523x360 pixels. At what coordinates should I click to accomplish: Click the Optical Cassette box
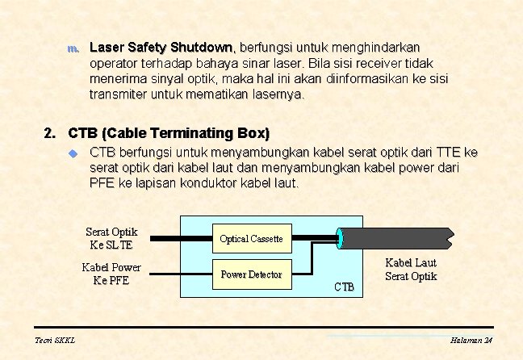[x=251, y=238]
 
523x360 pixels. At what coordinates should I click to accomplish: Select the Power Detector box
[x=251, y=274]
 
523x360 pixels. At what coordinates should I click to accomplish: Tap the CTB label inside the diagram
[x=344, y=287]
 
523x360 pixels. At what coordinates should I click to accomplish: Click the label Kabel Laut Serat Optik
[x=411, y=270]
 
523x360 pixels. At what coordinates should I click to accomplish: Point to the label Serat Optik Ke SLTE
[x=111, y=238]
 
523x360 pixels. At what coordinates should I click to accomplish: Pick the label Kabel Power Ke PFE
[x=111, y=274]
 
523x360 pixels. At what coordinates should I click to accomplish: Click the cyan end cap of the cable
[x=341, y=238]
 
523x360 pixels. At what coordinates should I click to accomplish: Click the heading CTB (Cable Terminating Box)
[x=169, y=132]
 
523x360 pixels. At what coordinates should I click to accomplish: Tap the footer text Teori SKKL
[x=55, y=341]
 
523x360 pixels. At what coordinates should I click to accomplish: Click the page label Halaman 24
[x=471, y=341]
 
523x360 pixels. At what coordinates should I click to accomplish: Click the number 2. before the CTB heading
[x=50, y=132]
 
